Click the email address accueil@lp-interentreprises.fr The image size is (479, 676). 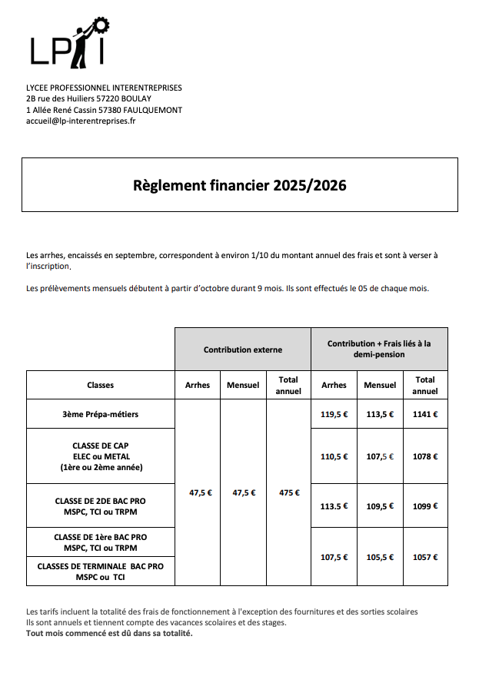tap(80, 121)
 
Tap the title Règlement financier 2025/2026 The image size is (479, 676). tap(239, 185)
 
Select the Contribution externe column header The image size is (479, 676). tap(242, 350)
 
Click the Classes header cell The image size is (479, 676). tap(100, 385)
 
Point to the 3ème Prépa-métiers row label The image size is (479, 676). tap(100, 414)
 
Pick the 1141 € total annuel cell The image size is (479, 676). tap(424, 414)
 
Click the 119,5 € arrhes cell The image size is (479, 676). tap(334, 414)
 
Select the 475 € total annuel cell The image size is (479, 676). tap(288, 492)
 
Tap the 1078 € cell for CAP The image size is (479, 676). tap(424, 456)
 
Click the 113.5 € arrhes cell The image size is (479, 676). tap(334, 506)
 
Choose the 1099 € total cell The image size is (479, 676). tap(424, 506)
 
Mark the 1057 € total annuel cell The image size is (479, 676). tap(424, 557)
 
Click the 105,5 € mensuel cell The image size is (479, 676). tap(380, 557)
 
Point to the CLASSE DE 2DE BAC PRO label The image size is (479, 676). tap(100, 501)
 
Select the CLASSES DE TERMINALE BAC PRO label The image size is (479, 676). tap(100, 566)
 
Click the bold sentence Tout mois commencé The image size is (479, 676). tap(109, 634)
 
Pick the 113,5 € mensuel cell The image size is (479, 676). tap(380, 414)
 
